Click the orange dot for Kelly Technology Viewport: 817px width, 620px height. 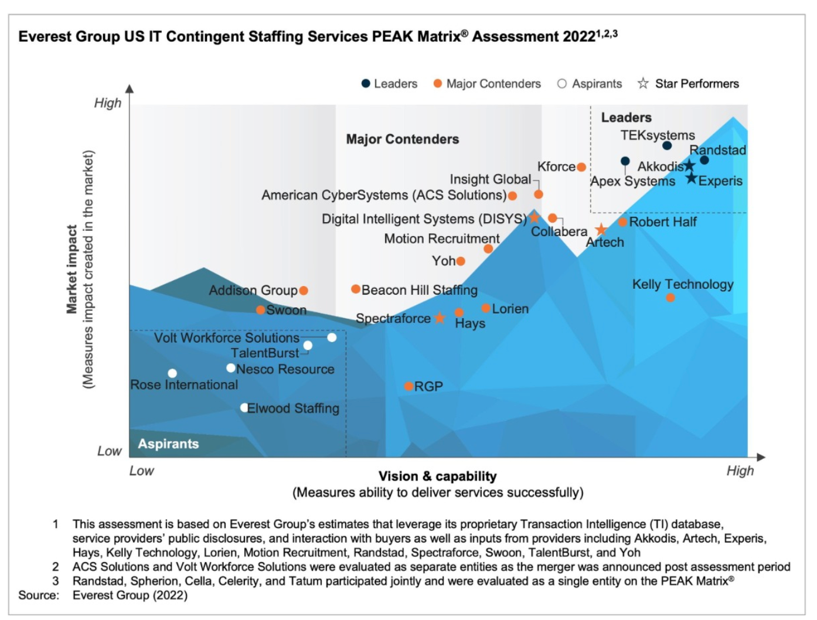(670, 298)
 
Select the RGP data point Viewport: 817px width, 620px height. (408, 386)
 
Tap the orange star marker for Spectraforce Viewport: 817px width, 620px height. (440, 318)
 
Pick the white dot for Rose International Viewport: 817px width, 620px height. (172, 373)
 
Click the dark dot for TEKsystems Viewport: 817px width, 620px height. (667, 145)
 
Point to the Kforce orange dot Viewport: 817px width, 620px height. (581, 167)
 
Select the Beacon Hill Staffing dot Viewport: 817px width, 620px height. (356, 289)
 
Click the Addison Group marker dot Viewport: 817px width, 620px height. (304, 290)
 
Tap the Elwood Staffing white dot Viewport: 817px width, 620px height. (244, 407)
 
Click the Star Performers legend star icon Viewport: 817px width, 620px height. (643, 83)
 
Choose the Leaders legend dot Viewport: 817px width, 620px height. (366, 83)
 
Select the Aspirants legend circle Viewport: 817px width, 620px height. (562, 83)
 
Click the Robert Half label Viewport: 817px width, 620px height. (663, 222)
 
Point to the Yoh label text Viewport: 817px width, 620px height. (444, 261)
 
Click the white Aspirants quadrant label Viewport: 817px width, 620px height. (168, 444)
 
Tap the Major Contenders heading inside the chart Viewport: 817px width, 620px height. (403, 139)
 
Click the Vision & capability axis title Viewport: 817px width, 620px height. (437, 476)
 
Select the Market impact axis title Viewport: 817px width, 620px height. (72, 270)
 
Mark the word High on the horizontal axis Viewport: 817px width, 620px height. (740, 471)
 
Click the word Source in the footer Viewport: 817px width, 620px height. (38, 595)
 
